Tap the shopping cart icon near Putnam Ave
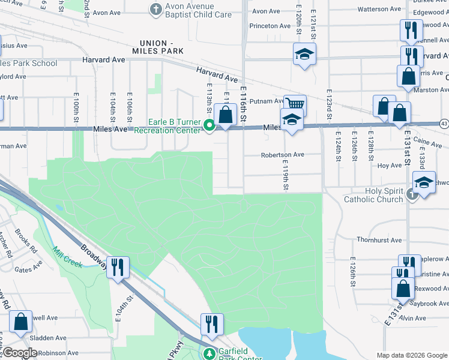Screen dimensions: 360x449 pos(295,104)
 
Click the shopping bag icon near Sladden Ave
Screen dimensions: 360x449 pos(21,322)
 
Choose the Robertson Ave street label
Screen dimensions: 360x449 pos(282,155)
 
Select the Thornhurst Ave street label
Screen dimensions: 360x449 pos(379,240)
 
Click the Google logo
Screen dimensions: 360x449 pos(20,353)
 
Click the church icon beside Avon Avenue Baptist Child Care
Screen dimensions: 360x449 pos(155,9)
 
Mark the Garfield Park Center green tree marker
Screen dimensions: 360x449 pos(209,354)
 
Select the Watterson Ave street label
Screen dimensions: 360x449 pos(379,9)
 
